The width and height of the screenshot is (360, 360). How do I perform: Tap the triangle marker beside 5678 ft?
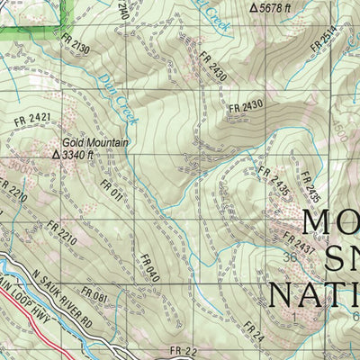(253, 7)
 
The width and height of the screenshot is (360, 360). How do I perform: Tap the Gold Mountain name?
(95, 142)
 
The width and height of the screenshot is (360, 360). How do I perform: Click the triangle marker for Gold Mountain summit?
(56, 155)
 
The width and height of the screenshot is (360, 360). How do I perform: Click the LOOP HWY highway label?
(27, 318)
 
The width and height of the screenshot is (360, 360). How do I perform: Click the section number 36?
(290, 256)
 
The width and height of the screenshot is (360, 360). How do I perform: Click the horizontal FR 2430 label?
(245, 106)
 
